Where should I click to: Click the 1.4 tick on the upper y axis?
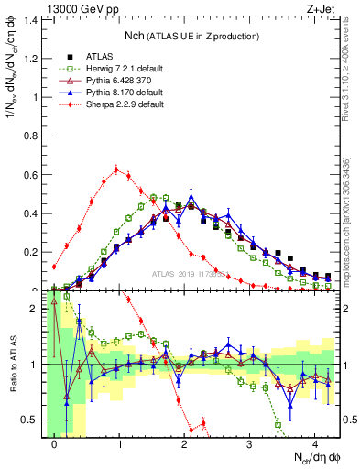(x=32, y=19)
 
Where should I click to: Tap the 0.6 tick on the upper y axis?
(x=32, y=174)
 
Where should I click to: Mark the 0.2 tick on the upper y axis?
(x=32, y=252)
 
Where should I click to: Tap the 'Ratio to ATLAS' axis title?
(x=11, y=365)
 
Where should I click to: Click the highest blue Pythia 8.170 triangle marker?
(x=191, y=197)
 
